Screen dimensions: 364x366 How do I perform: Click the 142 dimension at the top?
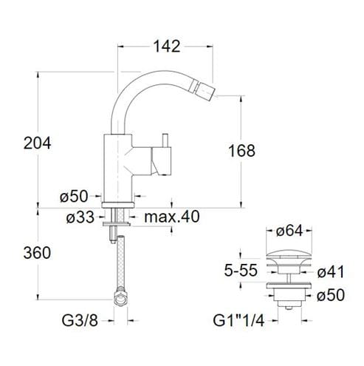pyautogui.click(x=167, y=46)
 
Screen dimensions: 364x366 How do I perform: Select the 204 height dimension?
pyautogui.click(x=37, y=143)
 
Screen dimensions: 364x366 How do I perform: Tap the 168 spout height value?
pyautogui.click(x=241, y=151)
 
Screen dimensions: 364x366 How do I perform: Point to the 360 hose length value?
pyautogui.click(x=37, y=253)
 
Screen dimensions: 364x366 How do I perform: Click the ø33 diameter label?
pyautogui.click(x=80, y=217)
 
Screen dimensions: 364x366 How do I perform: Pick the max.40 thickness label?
pyautogui.click(x=172, y=217)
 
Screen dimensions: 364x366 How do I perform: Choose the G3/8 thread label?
pyautogui.click(x=80, y=321)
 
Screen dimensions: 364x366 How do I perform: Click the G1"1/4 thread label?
pyautogui.click(x=238, y=321)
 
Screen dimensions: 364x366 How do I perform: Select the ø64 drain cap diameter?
pyautogui.click(x=289, y=231)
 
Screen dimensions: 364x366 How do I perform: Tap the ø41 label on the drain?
pyautogui.click(x=331, y=272)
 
